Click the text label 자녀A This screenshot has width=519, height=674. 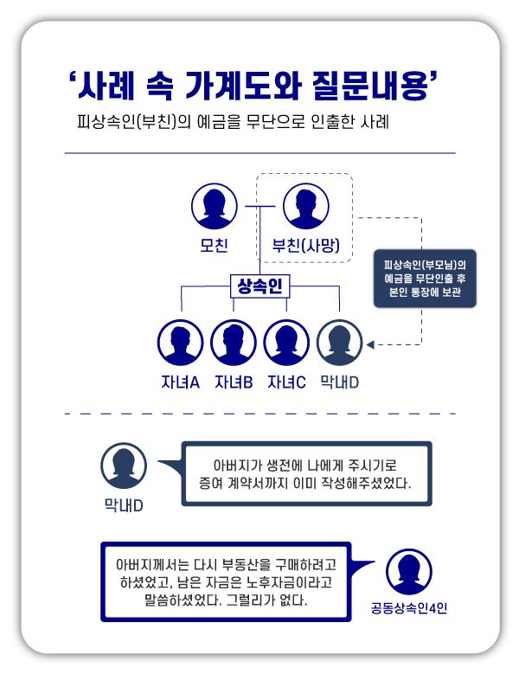click(x=180, y=382)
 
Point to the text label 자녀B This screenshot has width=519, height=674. click(x=233, y=382)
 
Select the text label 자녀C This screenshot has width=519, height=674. click(x=286, y=382)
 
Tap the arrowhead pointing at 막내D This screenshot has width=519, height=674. click(x=370, y=344)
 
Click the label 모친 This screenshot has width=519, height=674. click(x=214, y=245)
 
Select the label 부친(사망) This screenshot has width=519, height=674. click(x=304, y=245)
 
